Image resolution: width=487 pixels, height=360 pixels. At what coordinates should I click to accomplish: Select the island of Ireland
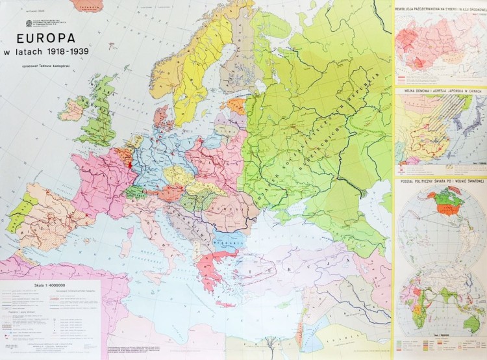point(72,109)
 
